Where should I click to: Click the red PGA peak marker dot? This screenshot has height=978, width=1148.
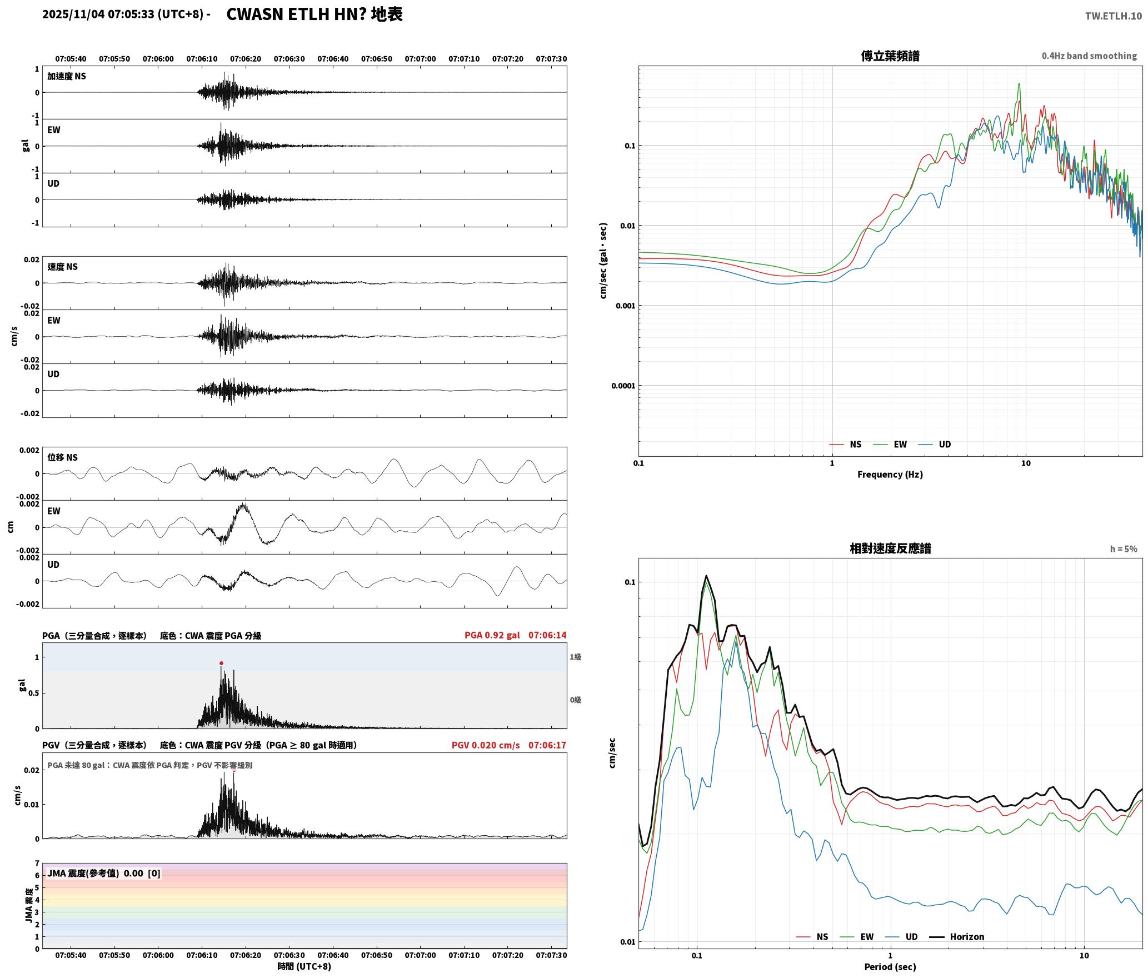click(221, 663)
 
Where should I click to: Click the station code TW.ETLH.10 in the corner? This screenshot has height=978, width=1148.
click(1114, 16)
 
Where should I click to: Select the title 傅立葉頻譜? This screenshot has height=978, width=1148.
click(890, 56)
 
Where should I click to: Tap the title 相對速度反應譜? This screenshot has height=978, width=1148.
click(890, 548)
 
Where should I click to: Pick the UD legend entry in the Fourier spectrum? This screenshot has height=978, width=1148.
click(935, 445)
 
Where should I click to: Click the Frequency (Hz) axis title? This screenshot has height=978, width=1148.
click(890, 475)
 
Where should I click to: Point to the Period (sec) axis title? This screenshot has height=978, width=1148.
click(890, 967)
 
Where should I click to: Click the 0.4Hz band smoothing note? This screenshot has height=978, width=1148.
click(1089, 56)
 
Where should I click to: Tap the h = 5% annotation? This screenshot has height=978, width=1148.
click(1124, 549)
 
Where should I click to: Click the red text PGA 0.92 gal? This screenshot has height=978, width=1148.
click(492, 635)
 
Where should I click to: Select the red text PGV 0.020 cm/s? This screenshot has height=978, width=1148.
click(486, 745)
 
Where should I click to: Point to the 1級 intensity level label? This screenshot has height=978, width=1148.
click(575, 657)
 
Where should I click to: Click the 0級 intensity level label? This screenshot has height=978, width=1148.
click(575, 700)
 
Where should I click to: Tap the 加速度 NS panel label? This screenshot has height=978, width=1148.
click(67, 76)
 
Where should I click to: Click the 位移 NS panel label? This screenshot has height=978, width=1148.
click(62, 457)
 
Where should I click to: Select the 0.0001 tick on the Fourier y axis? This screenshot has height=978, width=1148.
click(623, 386)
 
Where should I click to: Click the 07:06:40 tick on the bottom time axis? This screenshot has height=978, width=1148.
click(333, 955)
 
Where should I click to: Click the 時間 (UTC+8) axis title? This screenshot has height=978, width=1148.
click(305, 966)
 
